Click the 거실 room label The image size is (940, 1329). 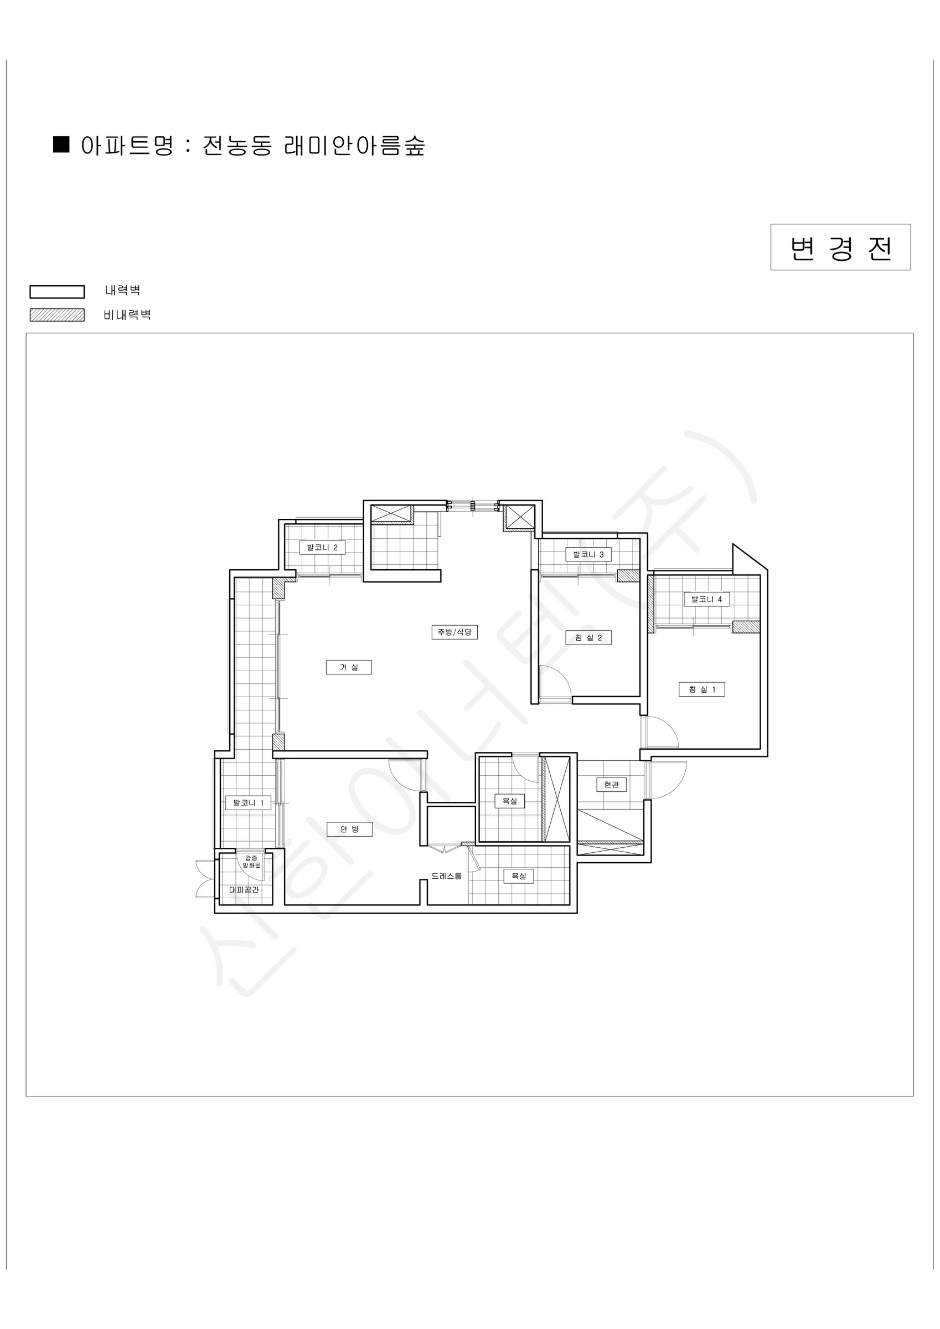pos(348,667)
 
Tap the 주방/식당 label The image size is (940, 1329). pos(454,631)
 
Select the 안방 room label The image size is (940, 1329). pos(349,830)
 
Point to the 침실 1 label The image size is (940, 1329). pos(701,689)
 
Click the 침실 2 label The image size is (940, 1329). pos(588,637)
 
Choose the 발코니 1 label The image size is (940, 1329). pos(248,803)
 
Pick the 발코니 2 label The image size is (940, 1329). pos(322,547)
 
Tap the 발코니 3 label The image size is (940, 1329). pos(588,554)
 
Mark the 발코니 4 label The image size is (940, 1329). pos(706,599)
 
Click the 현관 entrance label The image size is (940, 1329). pos(611,784)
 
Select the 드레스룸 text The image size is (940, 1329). pos(446,876)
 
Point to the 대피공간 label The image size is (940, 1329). pos(244,890)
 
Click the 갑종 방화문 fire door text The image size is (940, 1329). pos(251,861)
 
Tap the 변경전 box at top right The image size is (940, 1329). pos(840,247)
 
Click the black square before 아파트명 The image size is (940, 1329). pos(61,144)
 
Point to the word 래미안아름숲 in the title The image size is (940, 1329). pos(355,145)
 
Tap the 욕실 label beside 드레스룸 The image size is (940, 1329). pos(518,876)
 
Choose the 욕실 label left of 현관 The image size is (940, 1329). pos(509,801)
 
